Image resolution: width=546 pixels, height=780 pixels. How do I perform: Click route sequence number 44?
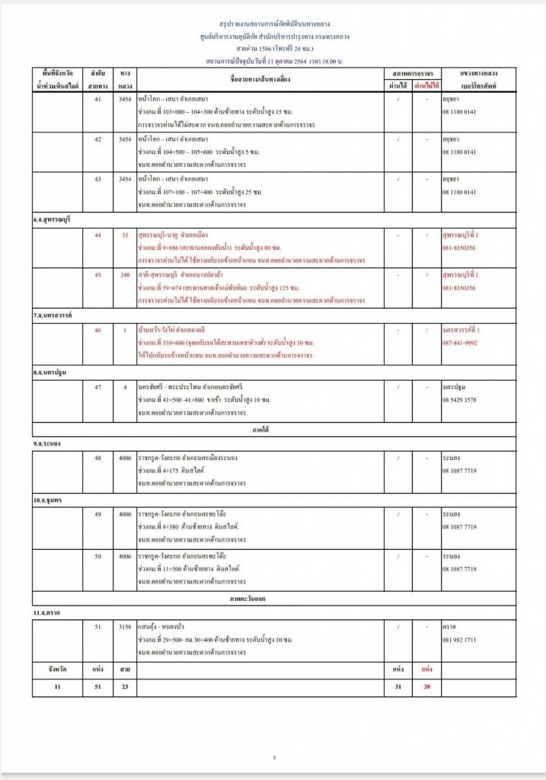(97, 235)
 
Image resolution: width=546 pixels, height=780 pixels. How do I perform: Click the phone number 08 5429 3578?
(460, 399)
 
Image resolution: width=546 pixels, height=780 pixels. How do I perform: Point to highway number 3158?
(125, 627)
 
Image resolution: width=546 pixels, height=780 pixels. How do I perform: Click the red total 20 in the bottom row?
(426, 687)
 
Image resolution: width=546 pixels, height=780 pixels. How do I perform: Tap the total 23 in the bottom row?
(125, 687)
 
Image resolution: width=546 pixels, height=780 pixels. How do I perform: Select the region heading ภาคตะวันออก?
(273, 599)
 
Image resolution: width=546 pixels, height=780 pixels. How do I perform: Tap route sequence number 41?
(97, 99)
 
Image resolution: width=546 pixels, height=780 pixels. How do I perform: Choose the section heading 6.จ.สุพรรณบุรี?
(53, 219)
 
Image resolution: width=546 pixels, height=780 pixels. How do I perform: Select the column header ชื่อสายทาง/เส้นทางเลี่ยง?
(260, 79)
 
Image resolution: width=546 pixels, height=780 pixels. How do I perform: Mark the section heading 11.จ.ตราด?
(47, 612)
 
